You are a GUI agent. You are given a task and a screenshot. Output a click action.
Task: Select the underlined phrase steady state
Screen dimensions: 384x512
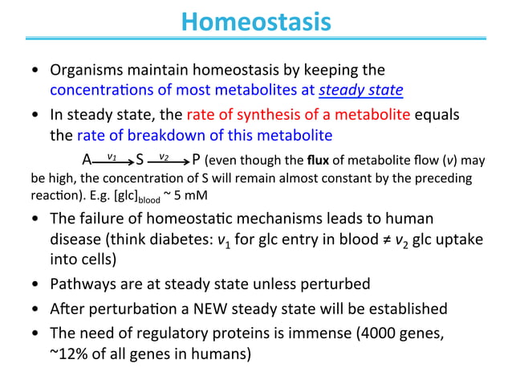[361, 89]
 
